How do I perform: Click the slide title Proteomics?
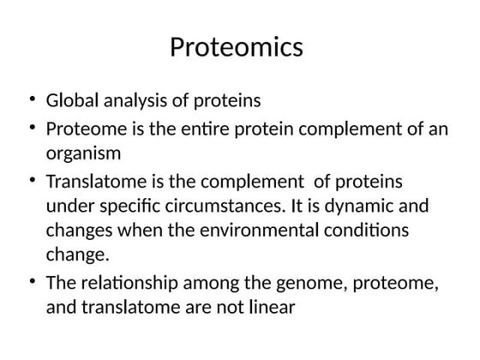click(x=237, y=46)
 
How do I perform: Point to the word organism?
click(x=83, y=153)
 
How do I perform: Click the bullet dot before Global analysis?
click(x=32, y=101)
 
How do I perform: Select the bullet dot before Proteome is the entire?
click(x=32, y=129)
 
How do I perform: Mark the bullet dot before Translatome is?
click(x=32, y=183)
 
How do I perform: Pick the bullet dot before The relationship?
click(x=32, y=282)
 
